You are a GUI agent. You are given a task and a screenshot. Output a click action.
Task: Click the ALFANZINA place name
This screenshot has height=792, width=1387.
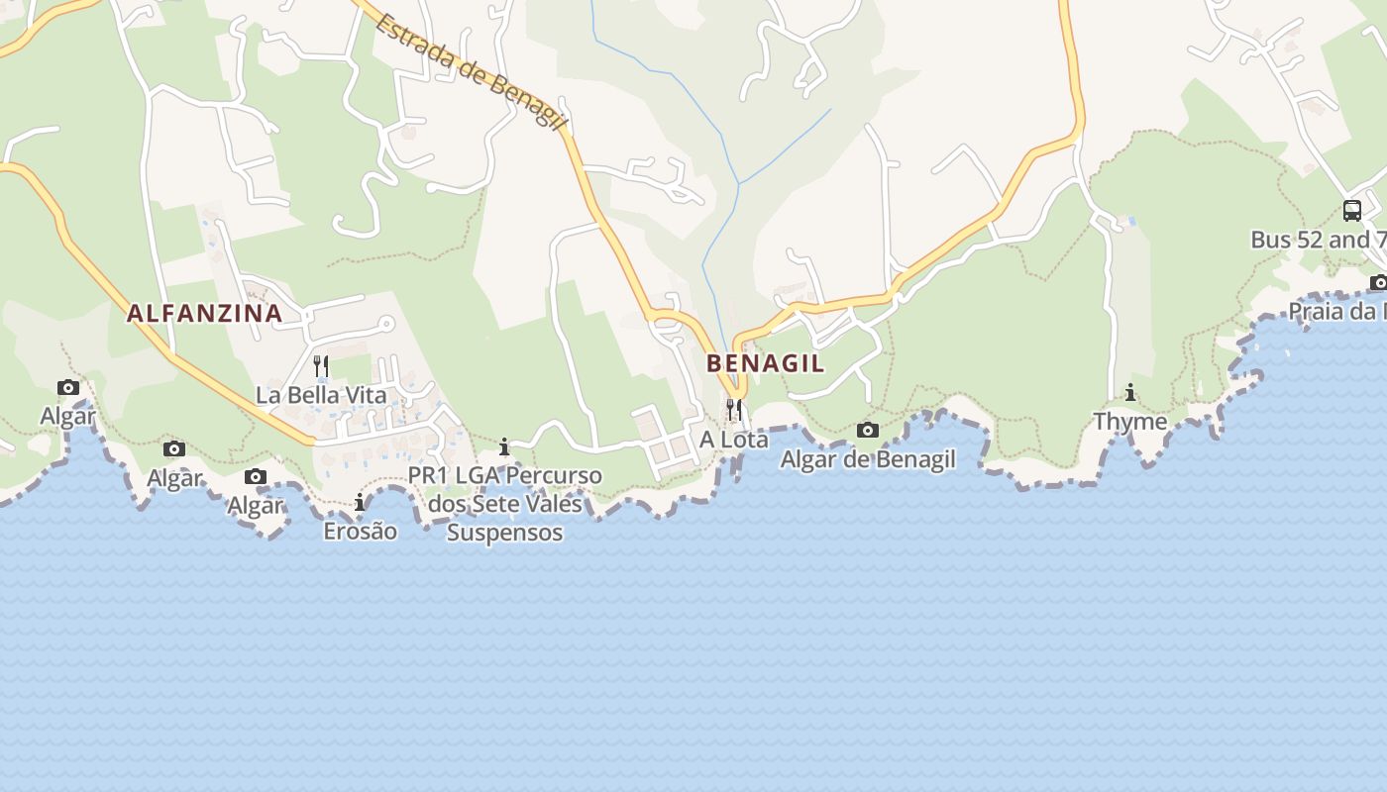204,314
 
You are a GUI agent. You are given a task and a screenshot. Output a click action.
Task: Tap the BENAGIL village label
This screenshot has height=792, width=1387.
765,363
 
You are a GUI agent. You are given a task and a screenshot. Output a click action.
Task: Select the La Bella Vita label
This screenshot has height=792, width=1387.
321,395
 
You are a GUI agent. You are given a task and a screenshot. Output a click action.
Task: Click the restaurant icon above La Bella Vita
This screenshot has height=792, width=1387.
321,366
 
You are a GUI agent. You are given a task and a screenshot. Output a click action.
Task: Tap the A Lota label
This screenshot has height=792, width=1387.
734,439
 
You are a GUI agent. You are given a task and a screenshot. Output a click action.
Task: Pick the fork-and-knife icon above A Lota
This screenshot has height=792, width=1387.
734,409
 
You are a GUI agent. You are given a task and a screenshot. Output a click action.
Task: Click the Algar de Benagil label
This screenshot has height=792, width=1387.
868,459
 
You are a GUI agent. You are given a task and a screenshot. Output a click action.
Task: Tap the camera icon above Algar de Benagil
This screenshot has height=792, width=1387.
868,430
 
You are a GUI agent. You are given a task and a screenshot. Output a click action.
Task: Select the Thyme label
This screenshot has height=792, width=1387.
1130,422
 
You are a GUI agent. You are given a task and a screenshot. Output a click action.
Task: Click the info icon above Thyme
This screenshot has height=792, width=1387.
1130,393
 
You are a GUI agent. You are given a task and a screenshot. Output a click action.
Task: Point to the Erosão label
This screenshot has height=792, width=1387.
360,532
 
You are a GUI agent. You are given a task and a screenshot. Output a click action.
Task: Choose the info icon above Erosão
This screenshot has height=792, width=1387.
360,503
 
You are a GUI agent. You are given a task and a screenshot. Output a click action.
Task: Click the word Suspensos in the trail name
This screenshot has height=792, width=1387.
505,533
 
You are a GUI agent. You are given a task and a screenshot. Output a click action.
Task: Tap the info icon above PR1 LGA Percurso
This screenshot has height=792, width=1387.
505,447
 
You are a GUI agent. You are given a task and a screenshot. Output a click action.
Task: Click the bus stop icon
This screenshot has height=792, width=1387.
1352,210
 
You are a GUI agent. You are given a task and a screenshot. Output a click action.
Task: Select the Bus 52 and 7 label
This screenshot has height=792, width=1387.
1318,240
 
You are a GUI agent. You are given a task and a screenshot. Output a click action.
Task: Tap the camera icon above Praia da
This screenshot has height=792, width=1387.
1378,283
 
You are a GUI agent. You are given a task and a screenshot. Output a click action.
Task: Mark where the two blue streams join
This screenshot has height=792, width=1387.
739,184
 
